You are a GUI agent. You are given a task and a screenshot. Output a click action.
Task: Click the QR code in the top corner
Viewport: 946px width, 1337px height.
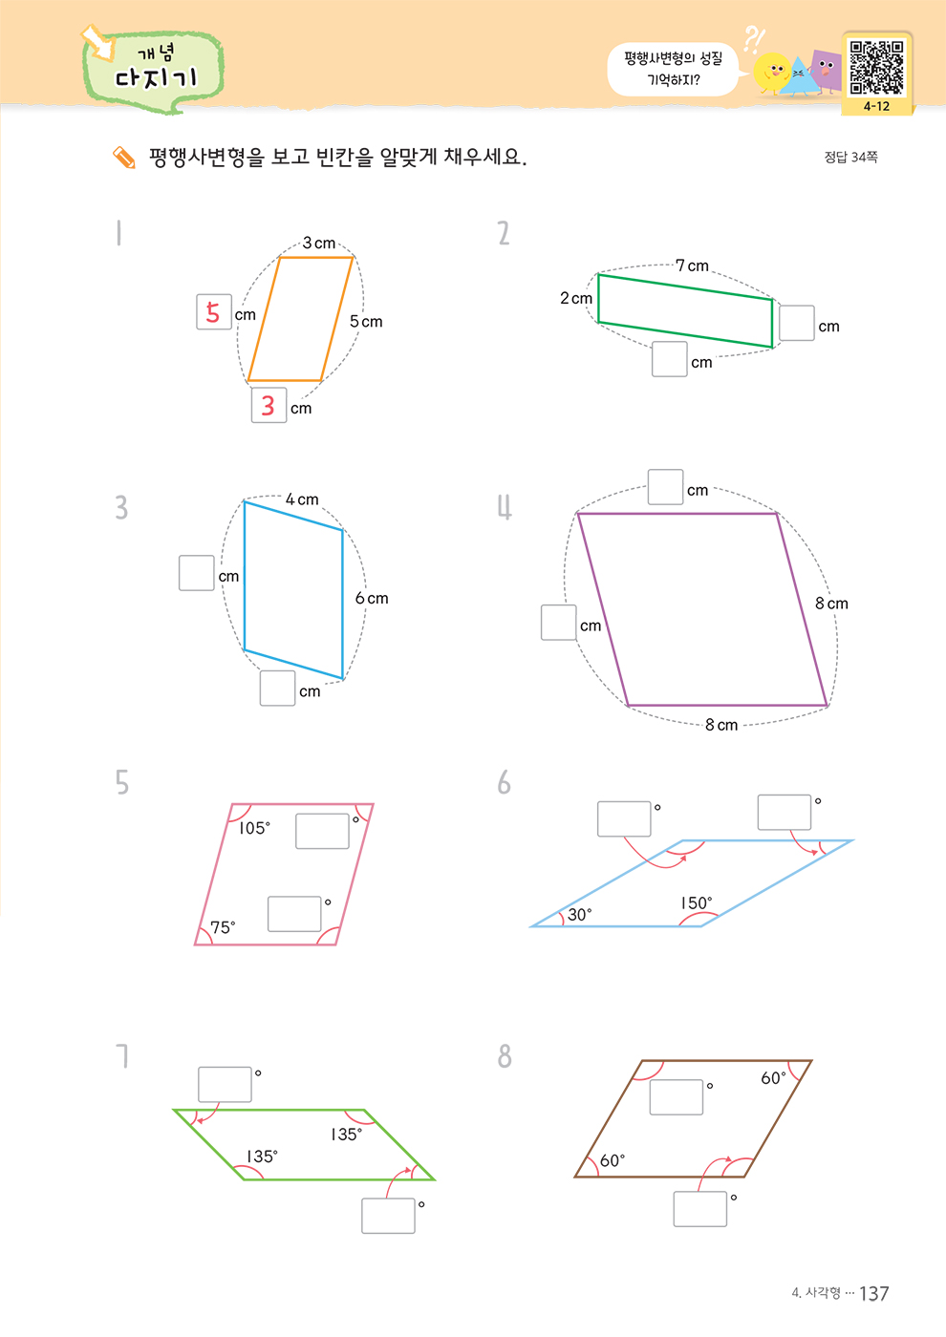(x=876, y=67)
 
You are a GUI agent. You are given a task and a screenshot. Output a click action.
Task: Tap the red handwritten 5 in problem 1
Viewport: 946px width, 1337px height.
(x=213, y=312)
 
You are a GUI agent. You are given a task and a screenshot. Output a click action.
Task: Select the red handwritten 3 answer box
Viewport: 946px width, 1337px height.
(x=269, y=405)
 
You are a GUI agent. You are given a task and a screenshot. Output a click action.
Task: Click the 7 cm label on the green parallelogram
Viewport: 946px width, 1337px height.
(x=692, y=265)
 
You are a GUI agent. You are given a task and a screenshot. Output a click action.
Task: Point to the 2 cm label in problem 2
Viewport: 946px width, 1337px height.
(x=575, y=298)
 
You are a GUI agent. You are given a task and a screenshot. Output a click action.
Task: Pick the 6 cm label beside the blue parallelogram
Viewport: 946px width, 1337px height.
(x=372, y=598)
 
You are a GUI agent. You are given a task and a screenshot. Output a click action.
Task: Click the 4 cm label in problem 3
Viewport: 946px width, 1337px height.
(x=302, y=499)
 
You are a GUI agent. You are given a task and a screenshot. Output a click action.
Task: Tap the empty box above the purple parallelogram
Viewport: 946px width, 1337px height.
(x=665, y=487)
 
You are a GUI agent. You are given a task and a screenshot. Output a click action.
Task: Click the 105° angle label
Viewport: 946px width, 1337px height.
(x=254, y=828)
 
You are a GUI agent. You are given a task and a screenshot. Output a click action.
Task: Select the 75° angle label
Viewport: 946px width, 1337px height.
(x=222, y=927)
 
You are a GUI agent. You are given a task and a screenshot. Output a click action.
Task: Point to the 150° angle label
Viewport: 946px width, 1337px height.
(x=697, y=903)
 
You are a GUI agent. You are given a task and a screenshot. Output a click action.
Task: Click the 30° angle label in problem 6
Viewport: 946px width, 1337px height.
(x=579, y=915)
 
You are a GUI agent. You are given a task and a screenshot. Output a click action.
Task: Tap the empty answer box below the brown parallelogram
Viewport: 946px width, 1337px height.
(x=699, y=1209)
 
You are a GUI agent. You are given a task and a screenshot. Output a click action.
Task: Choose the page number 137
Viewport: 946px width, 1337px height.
(x=873, y=1293)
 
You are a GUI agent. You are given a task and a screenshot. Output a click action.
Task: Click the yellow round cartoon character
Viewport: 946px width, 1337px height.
(x=772, y=73)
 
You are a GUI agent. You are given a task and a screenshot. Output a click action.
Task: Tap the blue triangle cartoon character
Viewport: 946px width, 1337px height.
(x=800, y=77)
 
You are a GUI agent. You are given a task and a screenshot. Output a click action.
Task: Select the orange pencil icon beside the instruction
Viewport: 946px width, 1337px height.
(x=124, y=158)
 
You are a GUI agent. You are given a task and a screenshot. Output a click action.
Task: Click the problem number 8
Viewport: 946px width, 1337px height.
(x=505, y=1056)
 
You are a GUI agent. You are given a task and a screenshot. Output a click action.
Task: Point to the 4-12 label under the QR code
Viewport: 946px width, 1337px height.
(x=876, y=106)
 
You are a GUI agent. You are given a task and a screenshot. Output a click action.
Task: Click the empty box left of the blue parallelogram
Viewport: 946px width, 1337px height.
(x=197, y=573)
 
